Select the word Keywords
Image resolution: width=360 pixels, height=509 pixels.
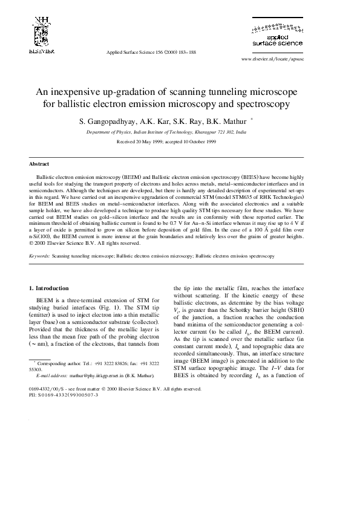(39, 256)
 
